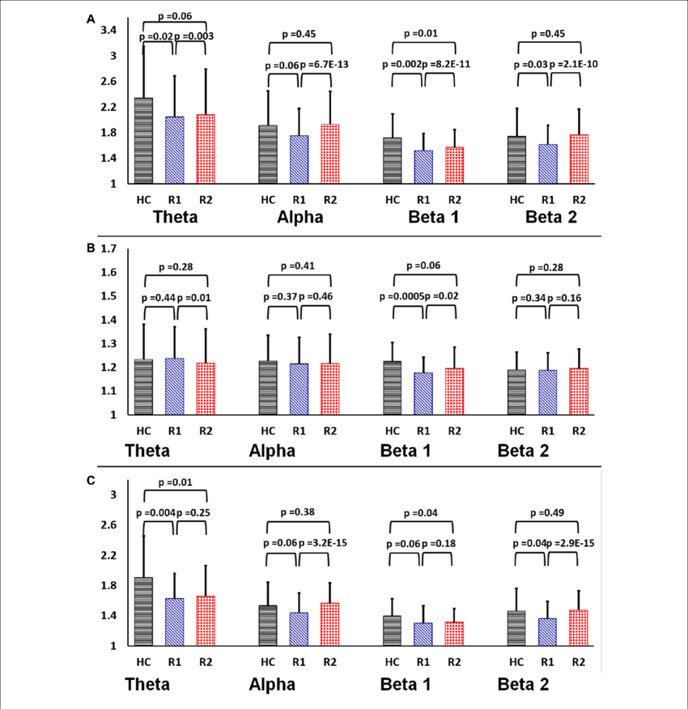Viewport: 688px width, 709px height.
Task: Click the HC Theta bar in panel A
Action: coord(143,142)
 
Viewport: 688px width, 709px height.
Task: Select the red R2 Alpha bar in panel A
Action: coord(330,155)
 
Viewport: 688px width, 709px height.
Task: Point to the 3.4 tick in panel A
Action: coord(107,31)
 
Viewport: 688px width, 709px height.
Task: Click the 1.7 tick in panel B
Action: coord(107,248)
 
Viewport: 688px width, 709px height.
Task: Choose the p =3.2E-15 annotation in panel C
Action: coord(332,541)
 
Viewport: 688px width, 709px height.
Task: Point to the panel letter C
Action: coord(91,480)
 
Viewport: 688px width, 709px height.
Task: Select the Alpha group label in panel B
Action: coord(272,451)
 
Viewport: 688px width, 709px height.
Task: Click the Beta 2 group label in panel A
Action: coord(551,217)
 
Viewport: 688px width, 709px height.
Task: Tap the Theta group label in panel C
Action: coord(147,685)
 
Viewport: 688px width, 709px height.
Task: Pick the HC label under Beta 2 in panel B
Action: coord(516,431)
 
